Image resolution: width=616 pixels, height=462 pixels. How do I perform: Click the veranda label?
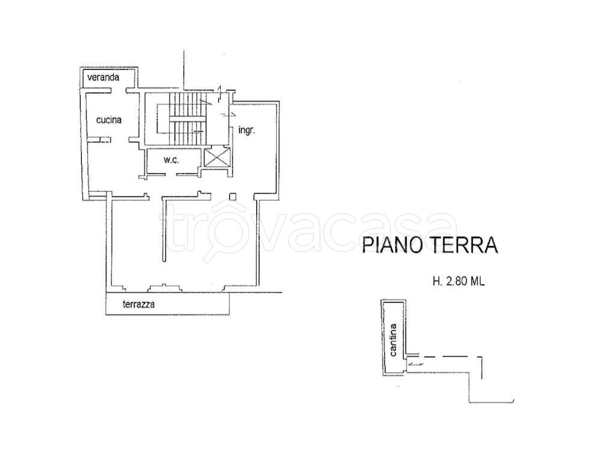tap(103, 78)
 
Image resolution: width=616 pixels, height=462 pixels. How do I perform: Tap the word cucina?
tap(109, 120)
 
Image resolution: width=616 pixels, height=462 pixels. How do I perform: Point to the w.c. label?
tap(172, 160)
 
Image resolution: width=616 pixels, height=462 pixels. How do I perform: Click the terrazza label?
tap(139, 304)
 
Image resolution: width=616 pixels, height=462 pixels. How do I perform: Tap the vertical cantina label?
tap(393, 341)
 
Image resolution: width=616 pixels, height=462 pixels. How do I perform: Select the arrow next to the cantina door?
tap(415, 362)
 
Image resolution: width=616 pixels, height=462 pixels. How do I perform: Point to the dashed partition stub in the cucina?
tap(102, 140)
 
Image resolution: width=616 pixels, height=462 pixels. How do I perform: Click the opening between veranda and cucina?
tap(118, 91)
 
